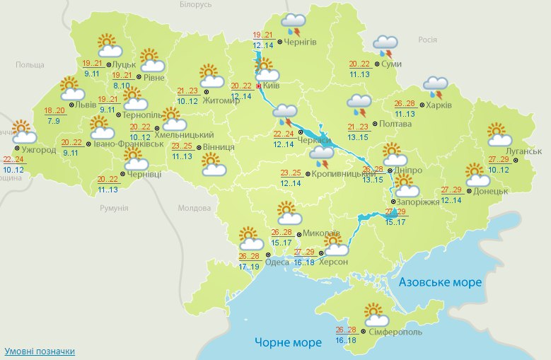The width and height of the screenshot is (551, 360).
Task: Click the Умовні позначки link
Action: pos(40,352)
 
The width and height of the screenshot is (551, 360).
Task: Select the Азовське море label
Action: pos(440,282)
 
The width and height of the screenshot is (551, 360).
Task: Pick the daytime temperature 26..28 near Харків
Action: pos(405,103)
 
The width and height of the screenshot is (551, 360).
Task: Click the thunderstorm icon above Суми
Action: pos(385,46)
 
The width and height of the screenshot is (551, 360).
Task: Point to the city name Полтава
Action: pos(395,124)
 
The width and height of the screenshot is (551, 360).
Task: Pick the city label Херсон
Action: pos(333,262)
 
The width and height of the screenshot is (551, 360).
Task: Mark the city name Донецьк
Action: pos(492,191)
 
